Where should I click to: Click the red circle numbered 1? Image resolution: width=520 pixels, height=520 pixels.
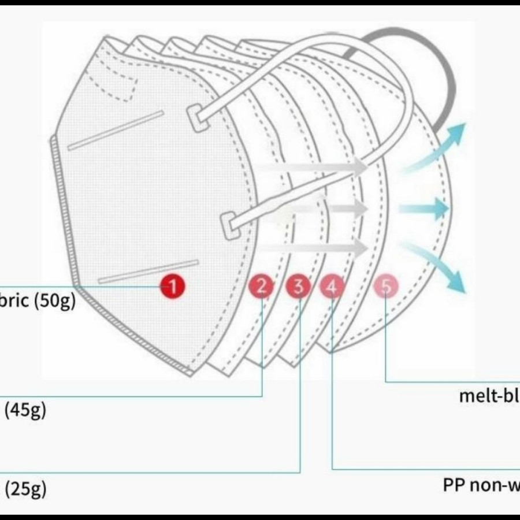pos(172,285)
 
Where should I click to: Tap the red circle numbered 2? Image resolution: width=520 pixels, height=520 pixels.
pos(262,286)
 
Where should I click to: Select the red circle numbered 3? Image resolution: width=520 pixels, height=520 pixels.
pos(298,286)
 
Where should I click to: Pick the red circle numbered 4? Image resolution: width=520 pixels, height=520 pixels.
pos(332,286)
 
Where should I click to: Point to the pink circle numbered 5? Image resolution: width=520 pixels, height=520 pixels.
pos(387,286)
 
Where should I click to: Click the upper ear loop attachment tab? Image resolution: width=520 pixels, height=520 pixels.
pos(198,118)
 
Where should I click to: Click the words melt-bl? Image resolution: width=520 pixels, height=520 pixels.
pos(489,396)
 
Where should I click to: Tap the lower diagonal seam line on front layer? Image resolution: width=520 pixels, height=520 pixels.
pos(148,272)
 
